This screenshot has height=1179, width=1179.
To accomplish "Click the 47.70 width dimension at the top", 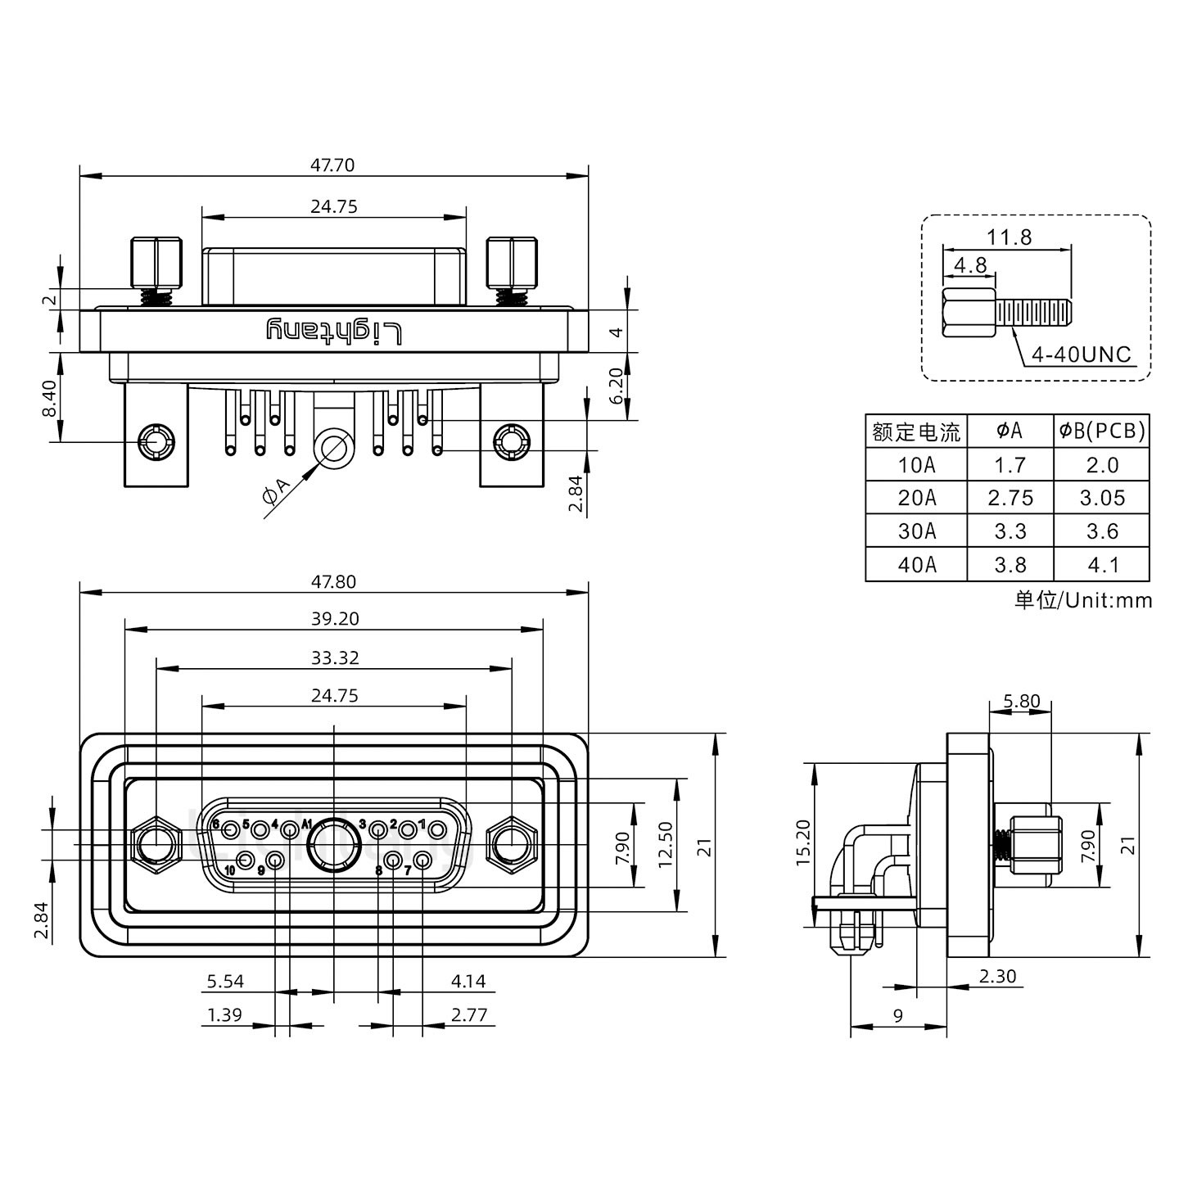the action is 332,165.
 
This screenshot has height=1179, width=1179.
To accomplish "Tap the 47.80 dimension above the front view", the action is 332,581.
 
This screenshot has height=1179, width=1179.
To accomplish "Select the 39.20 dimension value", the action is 334,618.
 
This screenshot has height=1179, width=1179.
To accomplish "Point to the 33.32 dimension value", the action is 334,657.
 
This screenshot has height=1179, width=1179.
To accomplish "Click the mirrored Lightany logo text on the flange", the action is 334,332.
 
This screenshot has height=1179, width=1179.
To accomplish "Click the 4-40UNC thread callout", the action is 1081,355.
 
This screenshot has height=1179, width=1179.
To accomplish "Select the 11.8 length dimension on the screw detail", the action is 1009,237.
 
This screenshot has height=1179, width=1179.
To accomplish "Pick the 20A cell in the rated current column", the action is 916,498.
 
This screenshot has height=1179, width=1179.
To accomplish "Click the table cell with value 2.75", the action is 1010,498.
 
